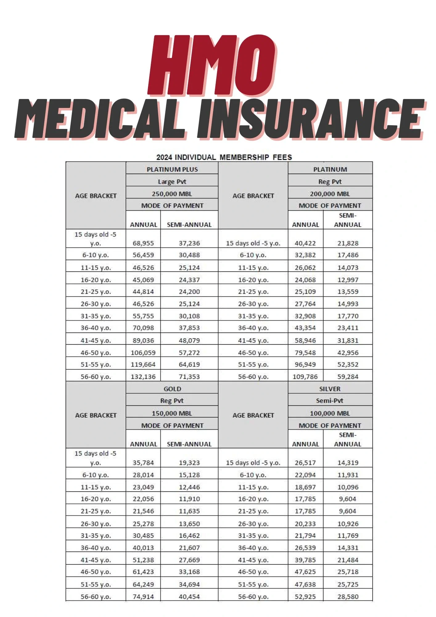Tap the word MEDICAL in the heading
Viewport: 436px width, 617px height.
100,119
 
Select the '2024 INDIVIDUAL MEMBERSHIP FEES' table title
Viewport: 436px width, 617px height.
224,157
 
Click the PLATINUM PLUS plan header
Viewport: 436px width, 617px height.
172,169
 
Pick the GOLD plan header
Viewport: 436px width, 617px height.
172,389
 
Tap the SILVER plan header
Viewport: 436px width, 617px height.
330,389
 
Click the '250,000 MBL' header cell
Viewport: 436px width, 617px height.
172,194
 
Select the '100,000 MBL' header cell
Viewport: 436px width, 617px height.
330,413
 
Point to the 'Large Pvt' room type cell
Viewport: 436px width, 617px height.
172,182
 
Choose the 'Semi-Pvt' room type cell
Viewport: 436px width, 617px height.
330,401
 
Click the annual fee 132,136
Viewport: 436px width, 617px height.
143,377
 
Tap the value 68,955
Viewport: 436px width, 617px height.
143,243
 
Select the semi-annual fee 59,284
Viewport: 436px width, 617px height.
348,377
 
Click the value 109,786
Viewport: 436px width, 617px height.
305,377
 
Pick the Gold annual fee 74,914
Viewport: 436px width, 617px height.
143,597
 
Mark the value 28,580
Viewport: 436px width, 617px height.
348,597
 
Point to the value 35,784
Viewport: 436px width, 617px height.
143,463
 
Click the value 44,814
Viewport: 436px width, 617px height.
143,292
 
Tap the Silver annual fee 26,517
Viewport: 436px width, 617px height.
305,463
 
